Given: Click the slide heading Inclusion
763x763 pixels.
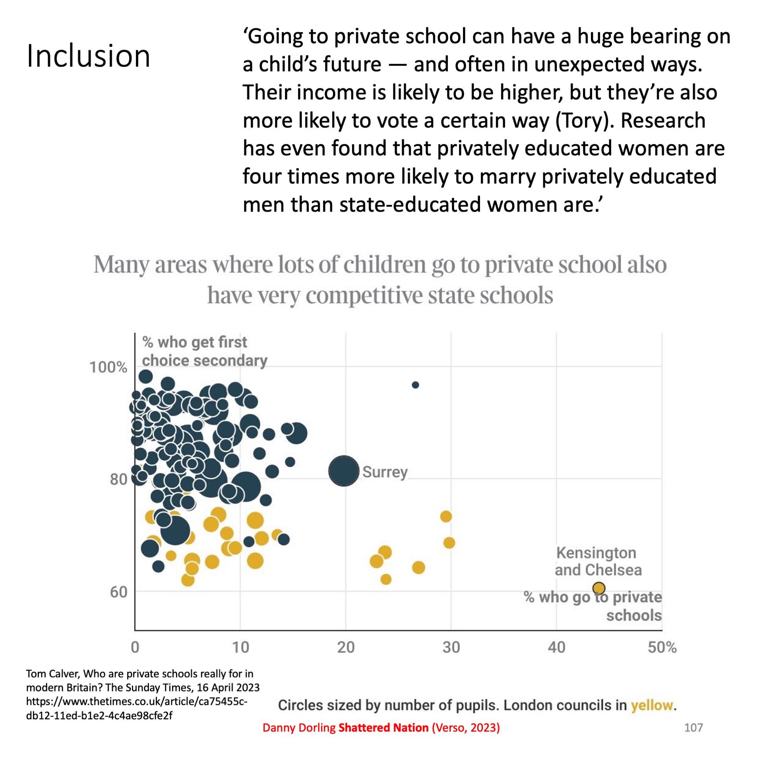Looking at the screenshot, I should pyautogui.click(x=88, y=56).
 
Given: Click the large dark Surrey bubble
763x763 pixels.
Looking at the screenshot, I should pyautogui.click(x=344, y=471).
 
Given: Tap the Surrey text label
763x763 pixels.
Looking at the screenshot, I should pyautogui.click(x=385, y=472).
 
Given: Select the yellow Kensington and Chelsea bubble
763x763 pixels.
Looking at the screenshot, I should pyautogui.click(x=598, y=588).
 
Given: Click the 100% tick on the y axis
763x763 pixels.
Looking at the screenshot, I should pyautogui.click(x=108, y=367).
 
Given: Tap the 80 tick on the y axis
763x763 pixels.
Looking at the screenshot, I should pyautogui.click(x=118, y=479).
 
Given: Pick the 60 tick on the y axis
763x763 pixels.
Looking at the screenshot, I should pyautogui.click(x=118, y=592).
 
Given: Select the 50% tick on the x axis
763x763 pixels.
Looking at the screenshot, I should pyautogui.click(x=662, y=647).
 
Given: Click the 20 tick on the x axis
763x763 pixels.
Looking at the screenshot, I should pyautogui.click(x=346, y=647).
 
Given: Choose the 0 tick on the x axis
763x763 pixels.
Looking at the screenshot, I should pyautogui.click(x=135, y=647).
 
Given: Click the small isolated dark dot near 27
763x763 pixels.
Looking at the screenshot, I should pyautogui.click(x=415, y=385).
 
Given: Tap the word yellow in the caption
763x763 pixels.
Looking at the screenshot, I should pyautogui.click(x=652, y=705).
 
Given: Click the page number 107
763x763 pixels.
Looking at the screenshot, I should pyautogui.click(x=693, y=728).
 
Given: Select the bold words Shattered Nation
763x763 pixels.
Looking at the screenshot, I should pyautogui.click(x=383, y=728).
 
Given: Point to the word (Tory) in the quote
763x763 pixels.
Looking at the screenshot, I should pyautogui.click(x=582, y=120).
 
